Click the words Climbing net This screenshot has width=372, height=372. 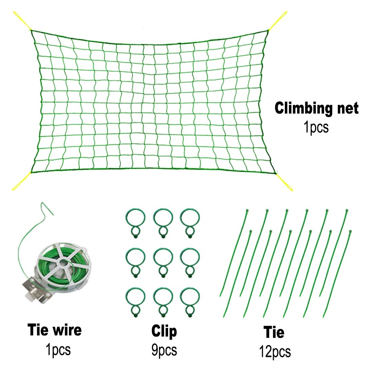[316, 108]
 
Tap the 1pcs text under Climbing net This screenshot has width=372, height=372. [316, 127]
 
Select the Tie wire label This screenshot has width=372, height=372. [54, 330]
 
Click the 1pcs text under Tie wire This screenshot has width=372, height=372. [58, 350]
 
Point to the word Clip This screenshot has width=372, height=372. [164, 331]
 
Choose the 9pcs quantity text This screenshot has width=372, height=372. [164, 350]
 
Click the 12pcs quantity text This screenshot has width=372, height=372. [275, 352]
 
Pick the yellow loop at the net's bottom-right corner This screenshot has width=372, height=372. [285, 182]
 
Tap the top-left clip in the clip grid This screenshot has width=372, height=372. [135, 221]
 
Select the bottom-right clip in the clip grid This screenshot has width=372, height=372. [190, 300]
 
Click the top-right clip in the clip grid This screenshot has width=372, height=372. [190, 221]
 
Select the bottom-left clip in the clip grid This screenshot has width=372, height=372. [135, 300]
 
